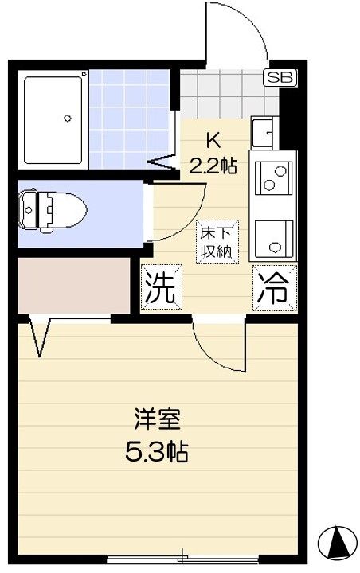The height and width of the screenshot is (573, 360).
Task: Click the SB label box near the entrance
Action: pos(279,78)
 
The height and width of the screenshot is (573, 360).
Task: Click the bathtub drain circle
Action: pos(68,119)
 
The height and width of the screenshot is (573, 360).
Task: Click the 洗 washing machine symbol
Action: pos(160,290)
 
